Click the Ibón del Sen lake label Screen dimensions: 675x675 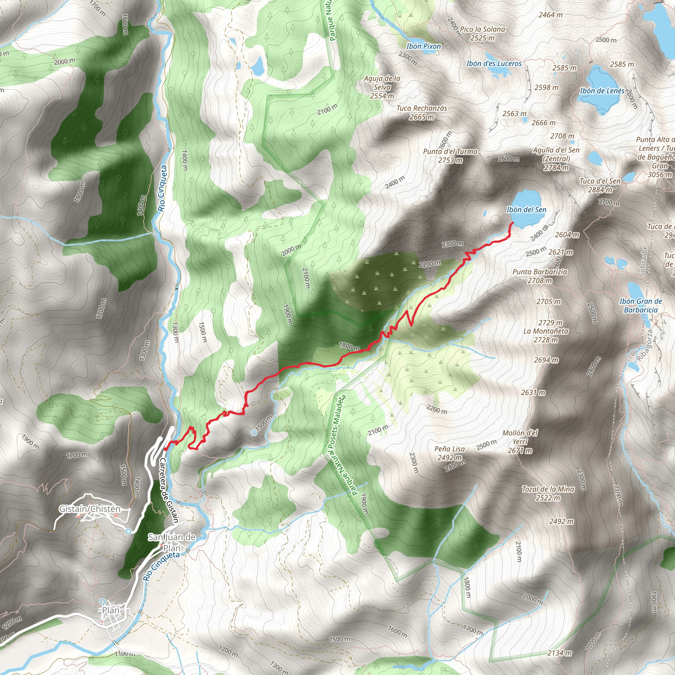click(526, 210)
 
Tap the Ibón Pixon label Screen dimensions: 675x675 click(424, 46)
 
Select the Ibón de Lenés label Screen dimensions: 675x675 click(602, 91)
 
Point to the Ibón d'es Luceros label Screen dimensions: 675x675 click(494, 64)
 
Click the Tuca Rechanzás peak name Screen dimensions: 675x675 click(422, 108)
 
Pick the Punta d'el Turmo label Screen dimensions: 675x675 click(450, 152)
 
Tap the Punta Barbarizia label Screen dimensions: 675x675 click(540, 272)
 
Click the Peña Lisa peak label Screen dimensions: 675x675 click(450, 449)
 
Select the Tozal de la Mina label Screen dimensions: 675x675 click(548, 489)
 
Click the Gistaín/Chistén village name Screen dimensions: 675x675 click(90, 509)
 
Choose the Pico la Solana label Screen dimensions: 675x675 click(483, 29)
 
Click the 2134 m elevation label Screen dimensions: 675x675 click(559, 653)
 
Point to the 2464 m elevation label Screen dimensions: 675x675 click(551, 15)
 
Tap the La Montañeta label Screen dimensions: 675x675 click(546, 331)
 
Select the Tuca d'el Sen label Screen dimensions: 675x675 click(600, 181)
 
